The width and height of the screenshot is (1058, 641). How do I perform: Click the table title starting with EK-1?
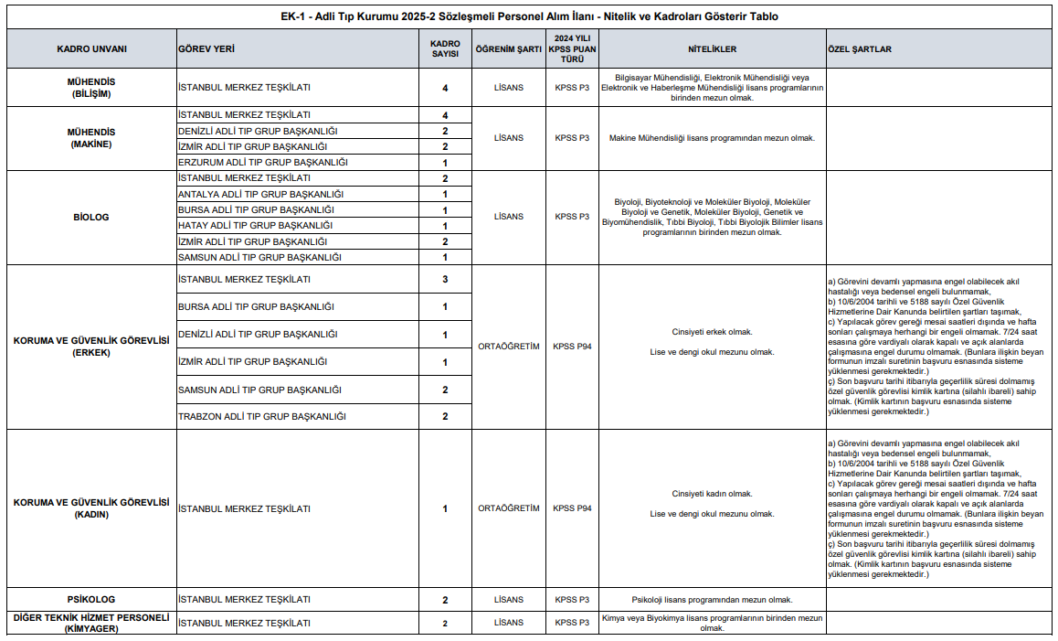click(x=530, y=16)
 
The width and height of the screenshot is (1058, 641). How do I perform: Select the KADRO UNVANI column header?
click(x=91, y=48)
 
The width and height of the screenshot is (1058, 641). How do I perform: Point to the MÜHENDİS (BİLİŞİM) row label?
click(x=91, y=88)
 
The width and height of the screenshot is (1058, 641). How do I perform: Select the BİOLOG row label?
click(x=91, y=217)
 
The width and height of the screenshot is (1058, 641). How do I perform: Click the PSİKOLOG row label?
click(x=91, y=600)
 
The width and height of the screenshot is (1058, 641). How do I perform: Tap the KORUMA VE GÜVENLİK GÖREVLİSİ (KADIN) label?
click(x=91, y=508)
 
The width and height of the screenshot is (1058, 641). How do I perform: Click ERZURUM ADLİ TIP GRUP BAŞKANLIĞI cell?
click(x=263, y=163)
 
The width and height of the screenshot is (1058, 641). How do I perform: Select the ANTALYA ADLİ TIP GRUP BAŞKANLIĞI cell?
click(x=260, y=194)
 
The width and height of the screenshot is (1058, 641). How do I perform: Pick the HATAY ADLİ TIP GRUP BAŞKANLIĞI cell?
click(x=255, y=225)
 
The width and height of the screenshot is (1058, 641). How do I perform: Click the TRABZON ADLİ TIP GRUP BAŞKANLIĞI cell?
click(x=262, y=417)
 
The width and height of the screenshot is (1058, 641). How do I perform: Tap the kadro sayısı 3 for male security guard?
click(x=445, y=279)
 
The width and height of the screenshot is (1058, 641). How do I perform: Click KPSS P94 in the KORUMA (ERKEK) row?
click(x=573, y=347)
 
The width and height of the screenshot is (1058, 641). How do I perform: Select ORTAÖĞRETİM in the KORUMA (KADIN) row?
click(x=509, y=508)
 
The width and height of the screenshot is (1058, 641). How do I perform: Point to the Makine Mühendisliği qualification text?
click(x=712, y=138)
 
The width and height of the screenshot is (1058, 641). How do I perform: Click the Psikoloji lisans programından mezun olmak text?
click(x=712, y=600)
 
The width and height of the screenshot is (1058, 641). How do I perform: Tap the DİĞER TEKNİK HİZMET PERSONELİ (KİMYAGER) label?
click(x=91, y=623)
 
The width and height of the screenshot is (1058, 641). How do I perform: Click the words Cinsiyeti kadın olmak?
click(x=712, y=494)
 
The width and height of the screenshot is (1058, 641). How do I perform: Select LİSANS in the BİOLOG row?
click(x=509, y=217)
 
